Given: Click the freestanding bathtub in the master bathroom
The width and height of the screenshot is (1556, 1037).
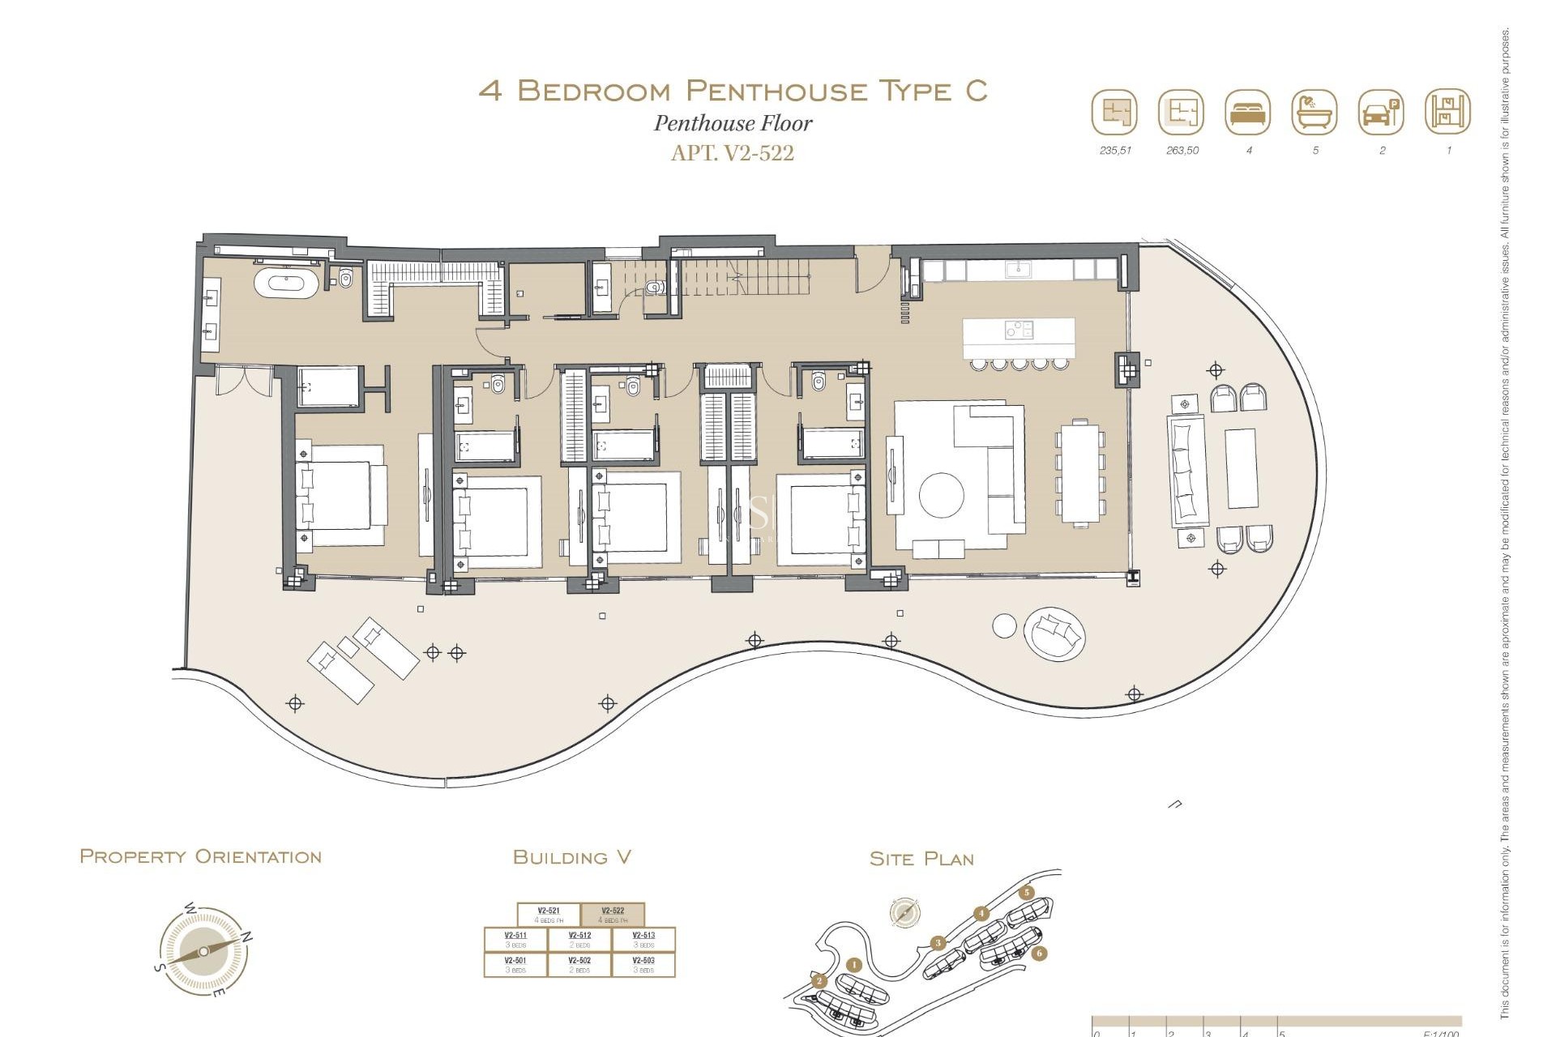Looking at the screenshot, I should coord(284,284).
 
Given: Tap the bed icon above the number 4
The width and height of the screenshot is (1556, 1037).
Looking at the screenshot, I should coord(1248,113).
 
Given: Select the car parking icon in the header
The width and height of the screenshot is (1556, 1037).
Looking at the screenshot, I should coord(1380,113).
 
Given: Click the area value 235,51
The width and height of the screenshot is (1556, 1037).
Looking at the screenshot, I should coord(1115,151).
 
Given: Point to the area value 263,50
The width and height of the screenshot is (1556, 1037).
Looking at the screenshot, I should coord(1182,151).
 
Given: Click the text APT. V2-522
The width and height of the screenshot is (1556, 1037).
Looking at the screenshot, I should coord(732,153).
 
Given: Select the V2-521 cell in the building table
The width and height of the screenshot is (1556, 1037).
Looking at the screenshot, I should coord(549,915).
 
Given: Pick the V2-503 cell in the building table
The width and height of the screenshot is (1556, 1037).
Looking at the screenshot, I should coord(643,964).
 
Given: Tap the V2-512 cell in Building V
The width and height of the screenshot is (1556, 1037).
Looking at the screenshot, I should coord(579,939).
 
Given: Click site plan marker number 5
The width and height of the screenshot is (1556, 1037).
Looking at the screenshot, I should coord(1027,893).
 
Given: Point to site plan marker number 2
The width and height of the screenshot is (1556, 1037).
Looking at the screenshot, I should coord(819,981).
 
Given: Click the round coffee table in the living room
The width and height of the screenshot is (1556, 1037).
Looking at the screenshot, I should coord(941,494).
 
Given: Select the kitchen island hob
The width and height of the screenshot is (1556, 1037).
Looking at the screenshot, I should coord(1019,329).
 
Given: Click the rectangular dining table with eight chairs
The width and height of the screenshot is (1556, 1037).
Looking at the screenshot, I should coord(1080,472).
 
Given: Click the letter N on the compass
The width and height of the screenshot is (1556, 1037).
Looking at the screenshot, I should coord(247,937).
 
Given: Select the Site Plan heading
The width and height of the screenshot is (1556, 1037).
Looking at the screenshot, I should coord(921,859).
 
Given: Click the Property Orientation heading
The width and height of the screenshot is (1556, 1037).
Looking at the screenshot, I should coord(200,857).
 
